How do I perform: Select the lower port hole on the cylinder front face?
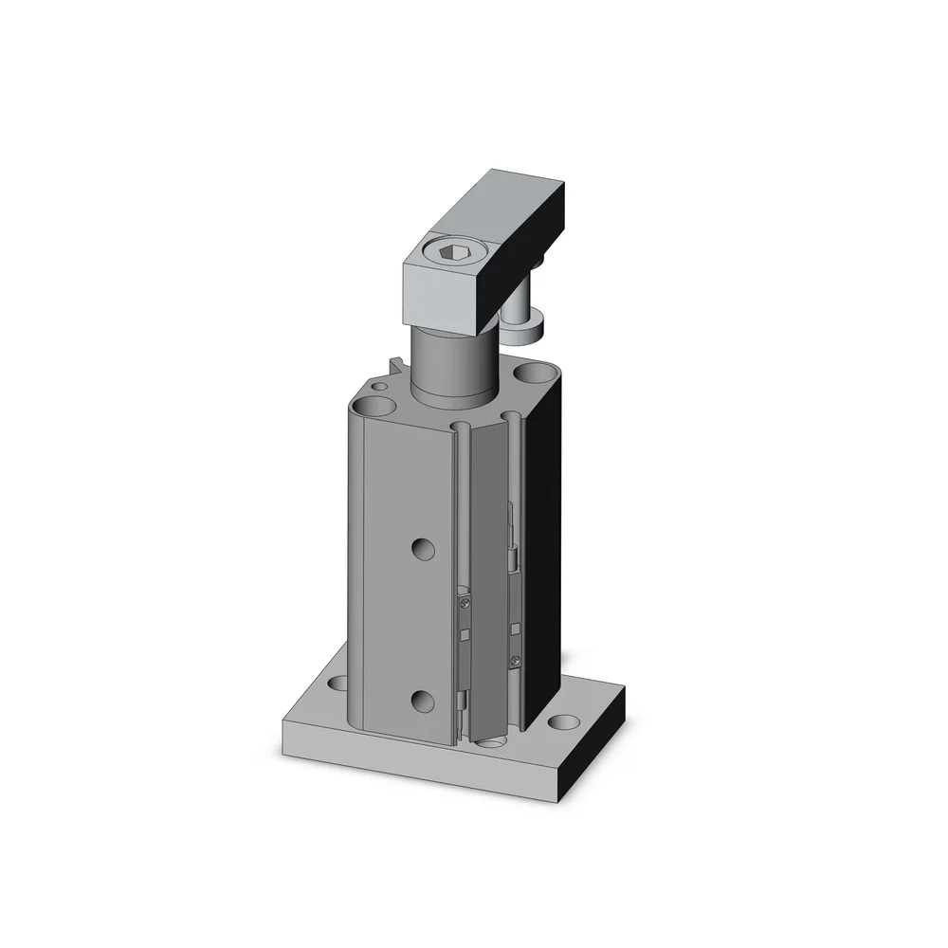click(x=423, y=701)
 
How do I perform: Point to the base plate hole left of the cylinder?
click(x=337, y=682)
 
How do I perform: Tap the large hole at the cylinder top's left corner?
click(x=377, y=408)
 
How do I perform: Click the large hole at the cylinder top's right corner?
click(x=534, y=372)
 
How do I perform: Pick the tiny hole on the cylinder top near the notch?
click(x=381, y=387)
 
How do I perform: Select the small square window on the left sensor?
click(x=466, y=632)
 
